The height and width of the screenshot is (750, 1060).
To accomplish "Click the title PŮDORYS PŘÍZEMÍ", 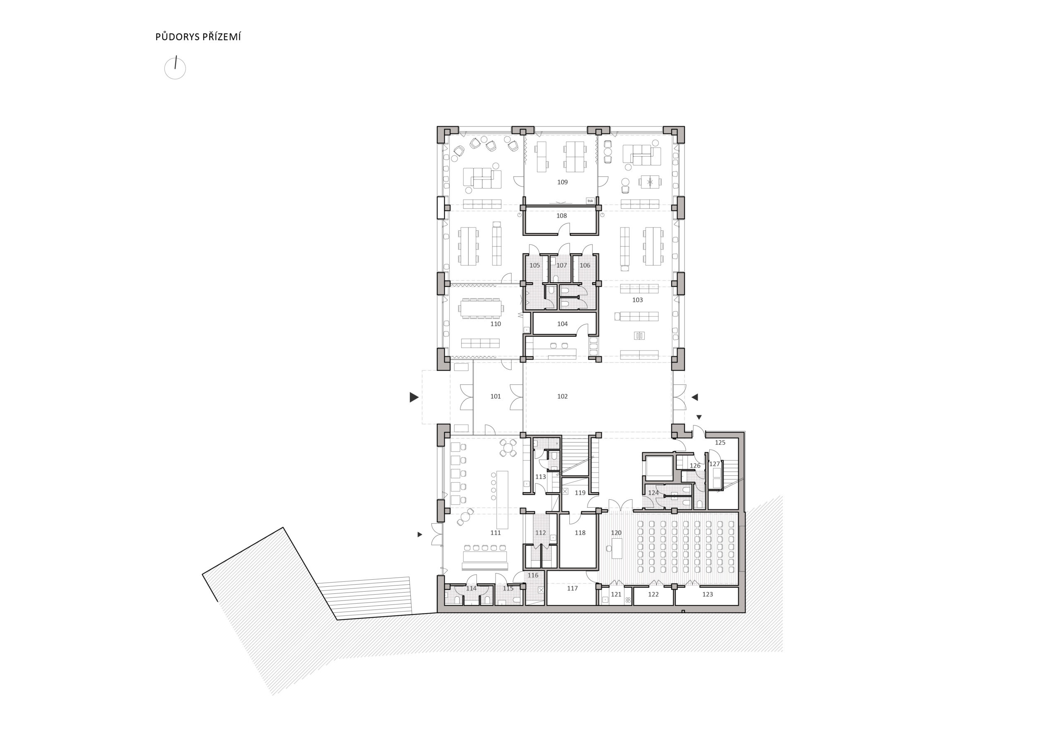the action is pyautogui.click(x=198, y=37).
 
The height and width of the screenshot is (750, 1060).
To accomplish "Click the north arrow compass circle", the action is pyautogui.click(x=175, y=69).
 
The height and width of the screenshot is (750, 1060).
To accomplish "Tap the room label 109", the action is pyautogui.click(x=562, y=182).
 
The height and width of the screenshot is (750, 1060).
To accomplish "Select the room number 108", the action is pyautogui.click(x=561, y=216).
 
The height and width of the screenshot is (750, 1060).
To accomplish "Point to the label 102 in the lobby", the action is pyautogui.click(x=562, y=397).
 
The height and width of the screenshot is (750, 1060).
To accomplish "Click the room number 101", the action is pyautogui.click(x=495, y=397).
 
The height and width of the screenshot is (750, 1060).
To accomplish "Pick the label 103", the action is pyautogui.click(x=638, y=300).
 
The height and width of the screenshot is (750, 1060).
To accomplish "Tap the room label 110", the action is pyautogui.click(x=495, y=324).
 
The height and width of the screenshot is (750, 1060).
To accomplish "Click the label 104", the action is pyautogui.click(x=562, y=324).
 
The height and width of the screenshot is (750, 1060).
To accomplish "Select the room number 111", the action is pyautogui.click(x=495, y=533).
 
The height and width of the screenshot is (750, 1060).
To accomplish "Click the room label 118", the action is pyautogui.click(x=580, y=533).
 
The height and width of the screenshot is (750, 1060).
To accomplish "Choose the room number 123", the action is pyautogui.click(x=708, y=594).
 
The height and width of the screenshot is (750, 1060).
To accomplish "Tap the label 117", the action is pyautogui.click(x=573, y=588).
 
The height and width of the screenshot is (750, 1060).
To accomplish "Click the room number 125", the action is pyautogui.click(x=720, y=442).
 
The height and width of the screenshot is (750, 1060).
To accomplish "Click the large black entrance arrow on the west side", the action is pyautogui.click(x=414, y=397).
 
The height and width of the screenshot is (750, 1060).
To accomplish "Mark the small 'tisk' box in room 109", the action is pyautogui.click(x=590, y=201).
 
